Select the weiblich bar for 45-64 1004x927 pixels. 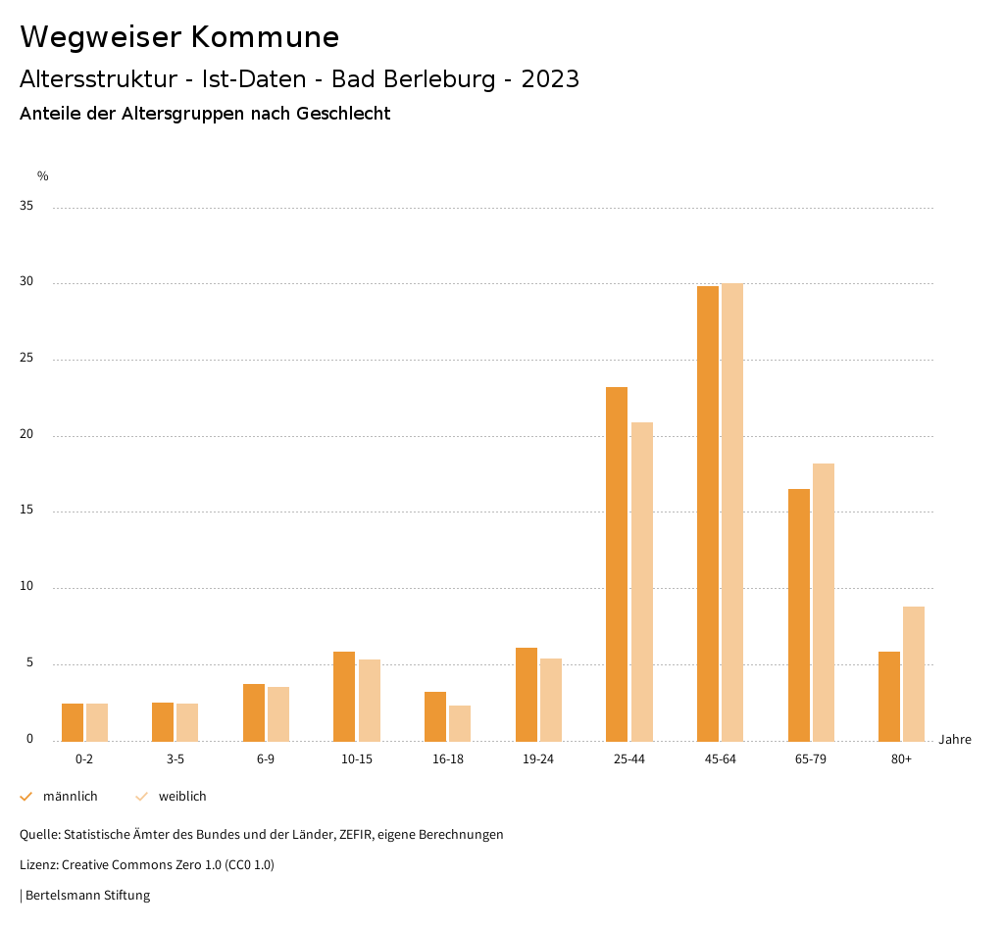coord(732,512)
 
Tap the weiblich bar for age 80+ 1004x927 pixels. coord(914,673)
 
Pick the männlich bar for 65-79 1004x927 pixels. coord(799,614)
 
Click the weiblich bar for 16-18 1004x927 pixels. coord(460,723)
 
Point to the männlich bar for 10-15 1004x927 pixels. coord(344,696)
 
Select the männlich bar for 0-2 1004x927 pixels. coord(73,722)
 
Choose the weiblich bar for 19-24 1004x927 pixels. coord(551,700)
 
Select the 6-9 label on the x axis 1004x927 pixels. coord(266,759)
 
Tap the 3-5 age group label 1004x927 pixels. coord(176,759)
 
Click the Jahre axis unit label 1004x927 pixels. coord(955,740)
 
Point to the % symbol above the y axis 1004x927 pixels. coord(43,176)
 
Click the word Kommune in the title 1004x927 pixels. coord(265,37)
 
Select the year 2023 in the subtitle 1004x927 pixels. coord(550,79)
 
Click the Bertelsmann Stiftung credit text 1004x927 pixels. coord(87,896)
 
